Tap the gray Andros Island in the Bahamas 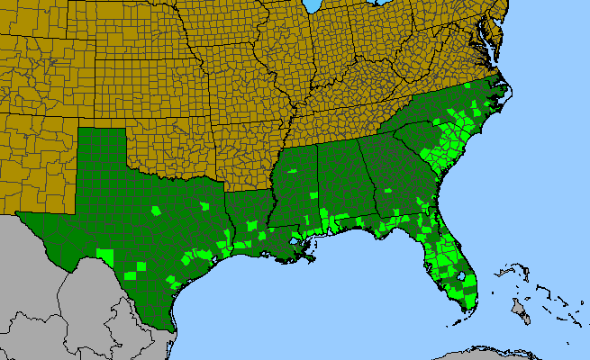click(x=520, y=311)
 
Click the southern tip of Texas click(x=172, y=326)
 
